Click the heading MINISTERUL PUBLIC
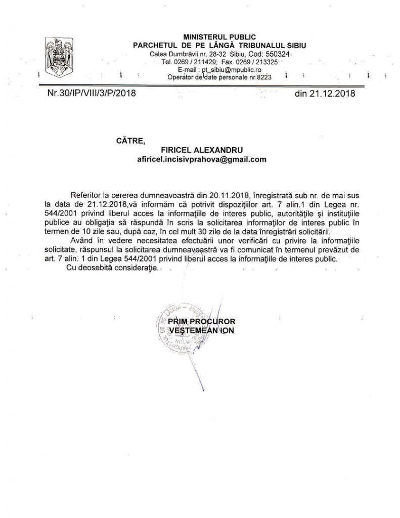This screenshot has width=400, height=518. pyautogui.click(x=219, y=37)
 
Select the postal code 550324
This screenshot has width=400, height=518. pyautogui.click(x=279, y=54)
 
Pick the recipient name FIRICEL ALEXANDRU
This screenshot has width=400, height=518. pyautogui.click(x=202, y=150)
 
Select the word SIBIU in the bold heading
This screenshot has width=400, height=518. pyautogui.click(x=295, y=45)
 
